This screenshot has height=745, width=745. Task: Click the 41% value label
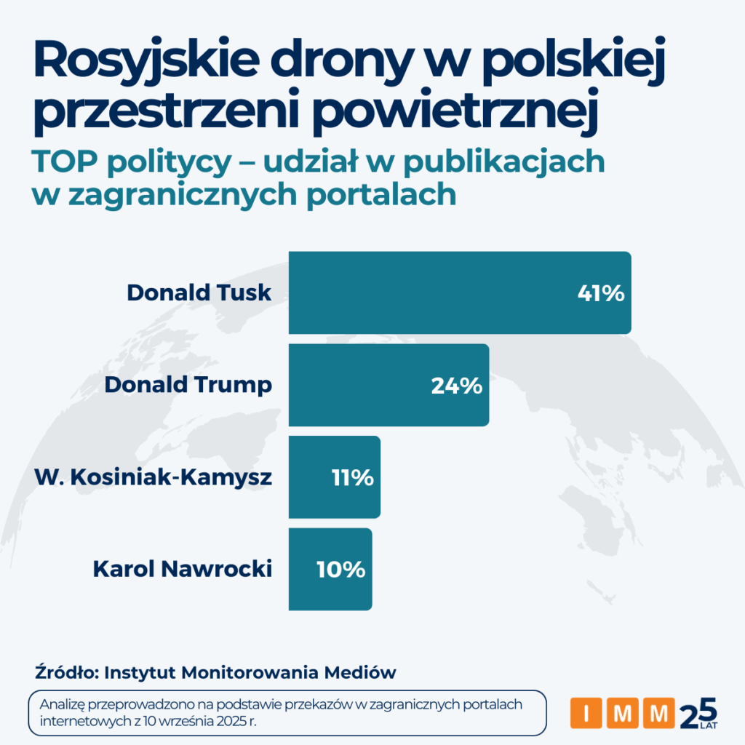click(x=600, y=293)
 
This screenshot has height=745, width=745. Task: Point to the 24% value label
click(x=456, y=386)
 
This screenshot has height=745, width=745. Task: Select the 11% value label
click(x=352, y=478)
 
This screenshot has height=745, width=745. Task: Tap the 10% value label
click(x=340, y=570)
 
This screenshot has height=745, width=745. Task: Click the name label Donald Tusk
click(x=199, y=292)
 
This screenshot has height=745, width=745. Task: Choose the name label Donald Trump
click(x=188, y=385)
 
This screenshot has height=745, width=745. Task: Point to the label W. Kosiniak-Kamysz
click(x=154, y=477)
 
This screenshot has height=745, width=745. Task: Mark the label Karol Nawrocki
click(x=182, y=569)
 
